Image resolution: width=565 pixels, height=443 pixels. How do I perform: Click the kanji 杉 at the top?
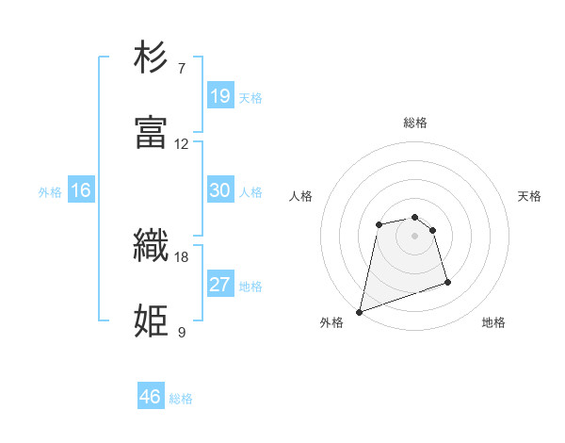point(152,57)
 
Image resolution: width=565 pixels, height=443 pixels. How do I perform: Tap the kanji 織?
point(152,246)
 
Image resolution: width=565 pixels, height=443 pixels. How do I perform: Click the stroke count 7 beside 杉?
point(182,69)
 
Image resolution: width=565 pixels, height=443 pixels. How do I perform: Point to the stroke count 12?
point(182,144)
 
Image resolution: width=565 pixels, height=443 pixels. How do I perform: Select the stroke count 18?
point(182,256)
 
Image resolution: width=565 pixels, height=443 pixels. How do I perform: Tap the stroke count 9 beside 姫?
point(182,332)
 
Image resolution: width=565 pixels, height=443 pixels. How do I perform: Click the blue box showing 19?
point(220,96)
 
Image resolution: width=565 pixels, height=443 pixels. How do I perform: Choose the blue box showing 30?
point(220,190)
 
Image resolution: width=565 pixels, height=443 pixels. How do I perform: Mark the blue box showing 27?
point(220,285)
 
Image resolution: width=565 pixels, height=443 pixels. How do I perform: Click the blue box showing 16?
point(81,190)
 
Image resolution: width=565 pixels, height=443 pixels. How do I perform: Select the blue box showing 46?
point(151,397)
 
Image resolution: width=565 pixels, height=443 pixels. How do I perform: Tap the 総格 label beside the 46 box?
point(181,399)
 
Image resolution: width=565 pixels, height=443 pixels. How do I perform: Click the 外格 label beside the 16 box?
point(50,192)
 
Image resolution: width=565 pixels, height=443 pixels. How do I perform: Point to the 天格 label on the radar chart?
point(530,196)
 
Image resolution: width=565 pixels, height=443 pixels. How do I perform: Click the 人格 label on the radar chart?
point(300,196)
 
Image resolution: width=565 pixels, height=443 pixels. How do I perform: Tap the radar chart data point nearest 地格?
point(447,282)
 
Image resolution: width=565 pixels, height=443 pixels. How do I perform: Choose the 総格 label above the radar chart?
point(415,123)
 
